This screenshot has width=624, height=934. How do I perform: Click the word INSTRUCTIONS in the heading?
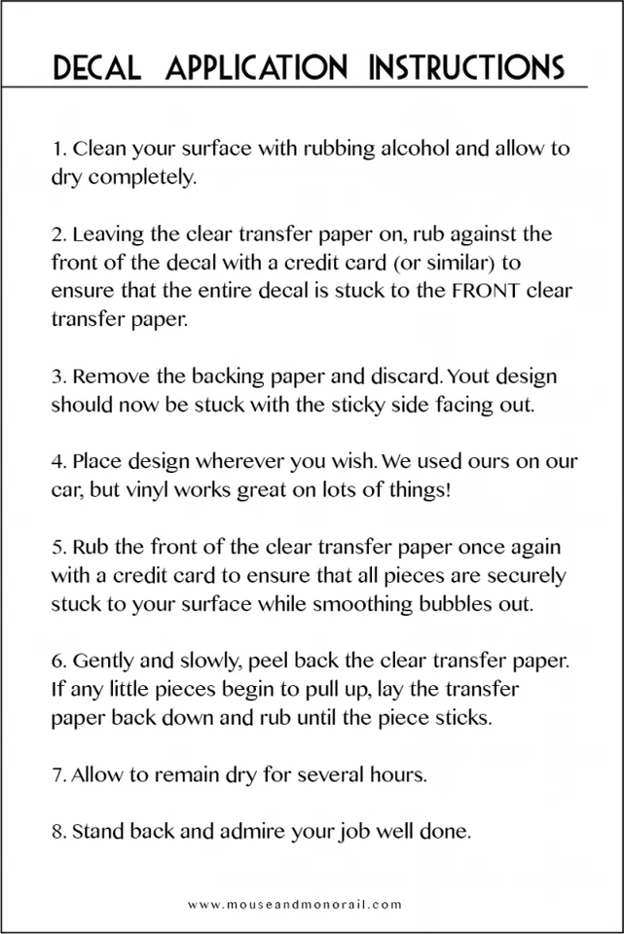coord(467,67)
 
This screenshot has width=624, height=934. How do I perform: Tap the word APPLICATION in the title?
coord(257,67)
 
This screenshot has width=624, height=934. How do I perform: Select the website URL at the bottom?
coord(295,904)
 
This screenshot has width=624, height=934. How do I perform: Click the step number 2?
coord(57,234)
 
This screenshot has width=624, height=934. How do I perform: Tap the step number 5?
coord(57,547)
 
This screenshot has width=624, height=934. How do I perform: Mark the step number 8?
coord(57,832)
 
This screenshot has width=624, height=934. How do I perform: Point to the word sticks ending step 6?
coord(460,718)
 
